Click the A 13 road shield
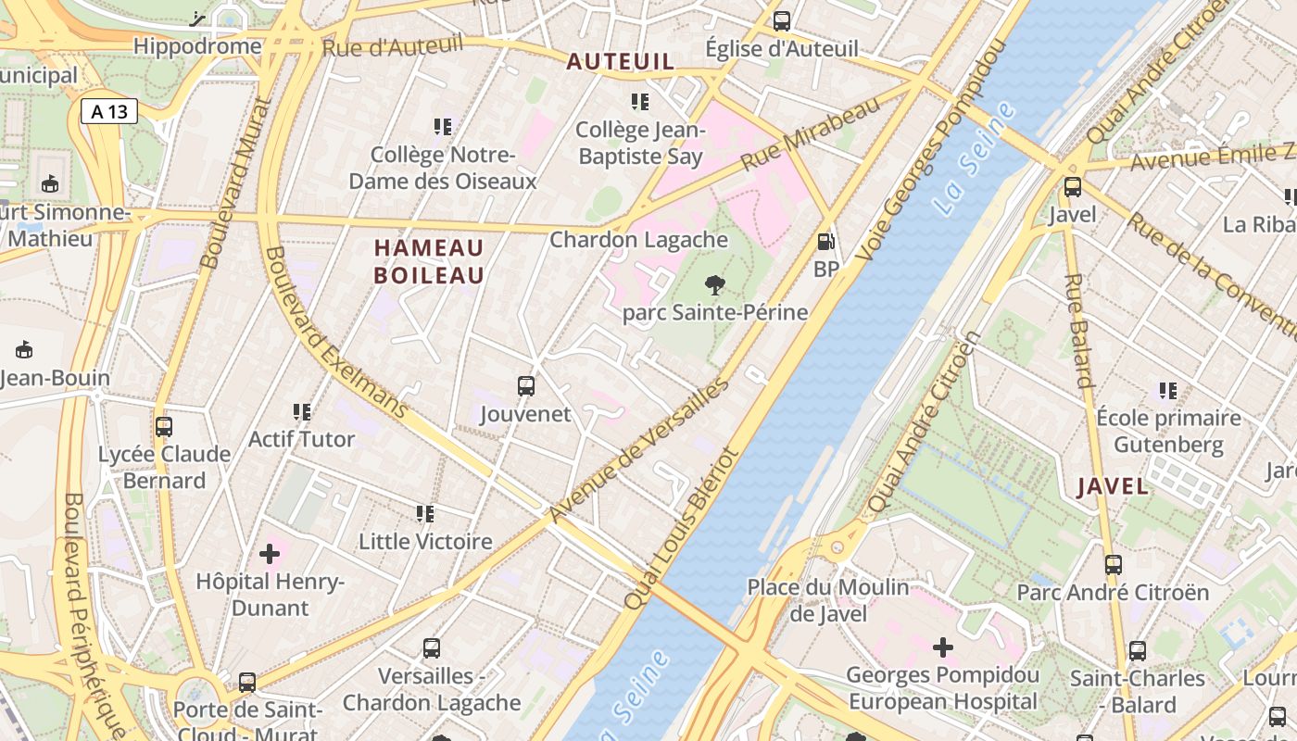109,112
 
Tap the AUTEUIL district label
620,61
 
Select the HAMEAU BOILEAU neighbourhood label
429,261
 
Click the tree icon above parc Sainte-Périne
714,284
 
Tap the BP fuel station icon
825,242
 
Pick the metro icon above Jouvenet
525,385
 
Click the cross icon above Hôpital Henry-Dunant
270,554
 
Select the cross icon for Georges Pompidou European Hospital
942,647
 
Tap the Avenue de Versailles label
638,450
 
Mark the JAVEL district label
1113,486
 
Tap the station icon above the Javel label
1073,187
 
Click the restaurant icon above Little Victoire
425,513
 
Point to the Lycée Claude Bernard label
164,467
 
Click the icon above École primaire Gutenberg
1167,391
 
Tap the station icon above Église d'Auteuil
782,20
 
